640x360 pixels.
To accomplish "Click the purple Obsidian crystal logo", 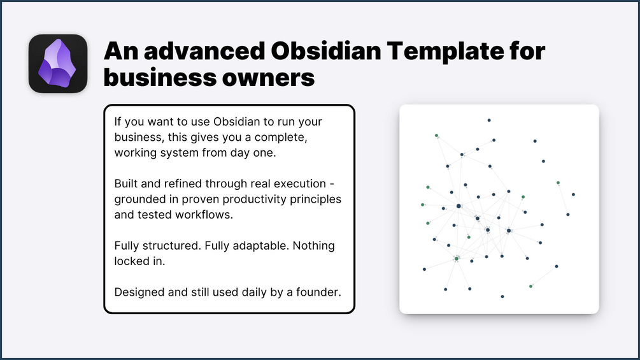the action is coord(57,63).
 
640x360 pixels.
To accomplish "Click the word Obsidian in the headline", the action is coord(325,51).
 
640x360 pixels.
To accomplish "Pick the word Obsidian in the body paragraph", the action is coord(236,122).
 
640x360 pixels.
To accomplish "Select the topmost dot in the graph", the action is coord(489,120).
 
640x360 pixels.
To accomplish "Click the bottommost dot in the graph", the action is coord(502,297).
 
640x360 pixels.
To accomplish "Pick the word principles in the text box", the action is coord(317,199).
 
